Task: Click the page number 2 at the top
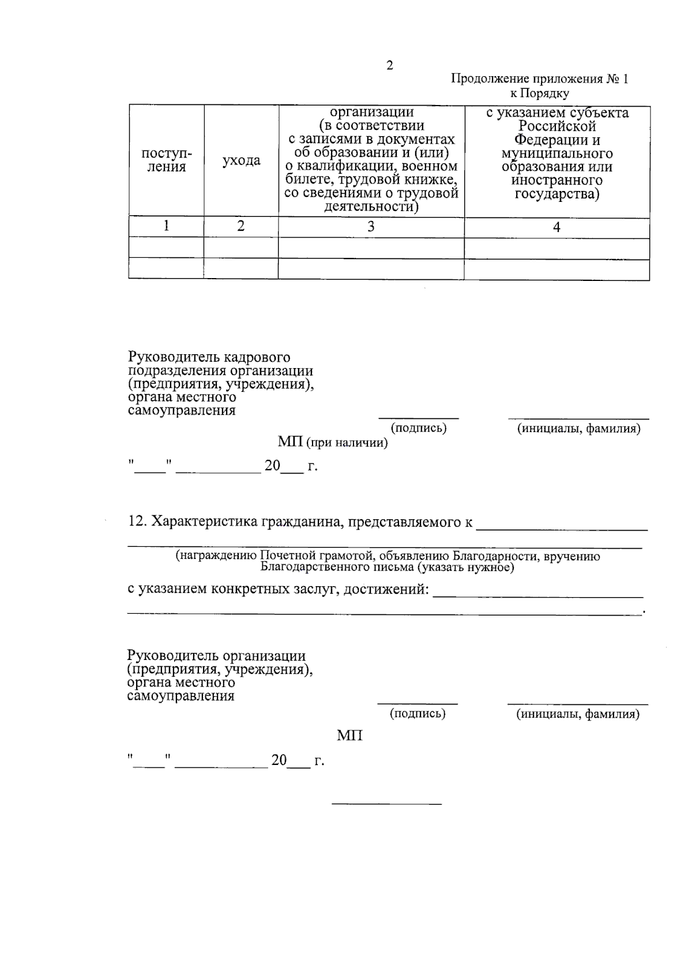click(x=390, y=66)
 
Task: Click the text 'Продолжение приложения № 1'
click(x=539, y=79)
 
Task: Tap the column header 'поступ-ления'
click(x=166, y=160)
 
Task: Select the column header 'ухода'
click(x=241, y=160)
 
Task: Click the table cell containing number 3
click(x=371, y=227)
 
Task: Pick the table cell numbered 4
click(x=556, y=227)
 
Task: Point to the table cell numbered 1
click(x=166, y=226)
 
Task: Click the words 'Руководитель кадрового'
click(x=209, y=358)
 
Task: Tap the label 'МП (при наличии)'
click(x=333, y=442)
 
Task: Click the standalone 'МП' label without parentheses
click(x=349, y=736)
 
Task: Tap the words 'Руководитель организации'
click(x=216, y=656)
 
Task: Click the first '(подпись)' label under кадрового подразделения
click(x=419, y=428)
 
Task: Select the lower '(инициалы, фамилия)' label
click(x=578, y=714)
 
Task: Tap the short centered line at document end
click(x=386, y=804)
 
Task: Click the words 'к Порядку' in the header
click(x=539, y=93)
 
